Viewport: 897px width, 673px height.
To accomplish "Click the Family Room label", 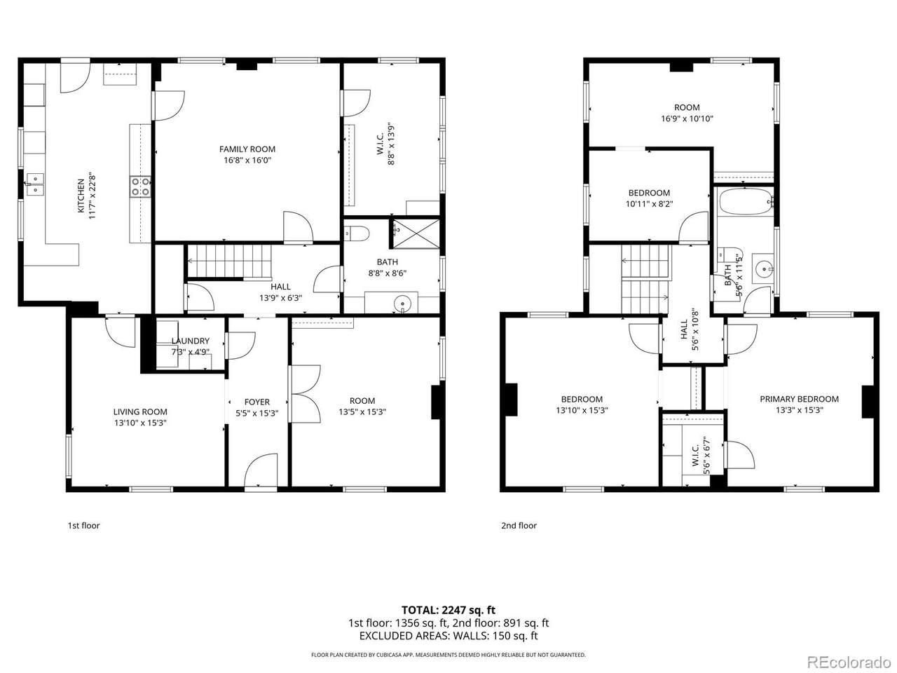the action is [x=247, y=149].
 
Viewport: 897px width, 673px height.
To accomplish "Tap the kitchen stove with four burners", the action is [x=140, y=186].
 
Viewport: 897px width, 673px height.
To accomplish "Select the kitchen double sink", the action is [x=35, y=184].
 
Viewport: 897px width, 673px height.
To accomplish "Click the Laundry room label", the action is [x=190, y=341].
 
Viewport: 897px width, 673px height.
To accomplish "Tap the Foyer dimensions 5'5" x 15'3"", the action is [x=257, y=413].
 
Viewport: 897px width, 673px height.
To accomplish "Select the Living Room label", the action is [x=140, y=412].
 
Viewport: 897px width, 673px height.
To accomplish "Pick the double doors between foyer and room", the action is [x=304, y=394].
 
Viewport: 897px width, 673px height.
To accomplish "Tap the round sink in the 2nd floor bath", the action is [x=763, y=268].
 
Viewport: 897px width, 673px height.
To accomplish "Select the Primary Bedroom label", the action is [x=799, y=399].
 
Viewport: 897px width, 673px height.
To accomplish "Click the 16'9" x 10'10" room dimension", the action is [x=687, y=119].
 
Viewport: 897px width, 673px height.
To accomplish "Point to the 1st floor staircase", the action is [x=229, y=261].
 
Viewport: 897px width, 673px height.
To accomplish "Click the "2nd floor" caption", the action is [x=519, y=526].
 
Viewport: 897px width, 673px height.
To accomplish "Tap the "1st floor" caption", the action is [x=84, y=526].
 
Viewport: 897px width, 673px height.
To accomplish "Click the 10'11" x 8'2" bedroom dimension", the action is [x=649, y=203].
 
